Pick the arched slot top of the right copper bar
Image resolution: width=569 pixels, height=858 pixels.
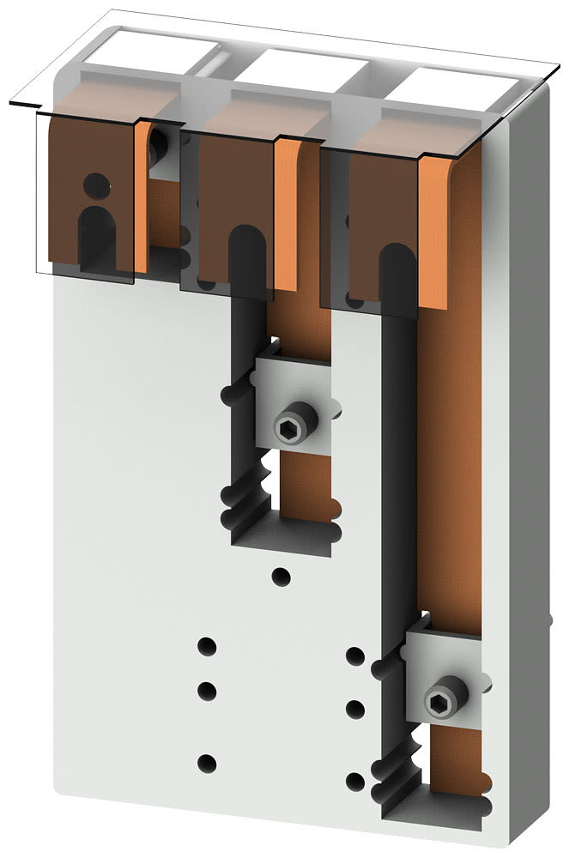[396, 262]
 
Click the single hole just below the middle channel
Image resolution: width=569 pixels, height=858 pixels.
[280, 576]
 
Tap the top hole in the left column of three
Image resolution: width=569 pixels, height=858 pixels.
[206, 646]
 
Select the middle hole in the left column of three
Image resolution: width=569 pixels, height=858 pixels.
[206, 690]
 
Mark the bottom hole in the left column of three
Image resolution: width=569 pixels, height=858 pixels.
[206, 762]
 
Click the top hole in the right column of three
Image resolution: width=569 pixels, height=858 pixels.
[354, 656]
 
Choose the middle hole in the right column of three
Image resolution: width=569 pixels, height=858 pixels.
[354, 709]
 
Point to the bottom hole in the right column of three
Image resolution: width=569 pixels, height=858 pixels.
[354, 781]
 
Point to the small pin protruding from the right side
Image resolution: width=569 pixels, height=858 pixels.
[548, 617]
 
